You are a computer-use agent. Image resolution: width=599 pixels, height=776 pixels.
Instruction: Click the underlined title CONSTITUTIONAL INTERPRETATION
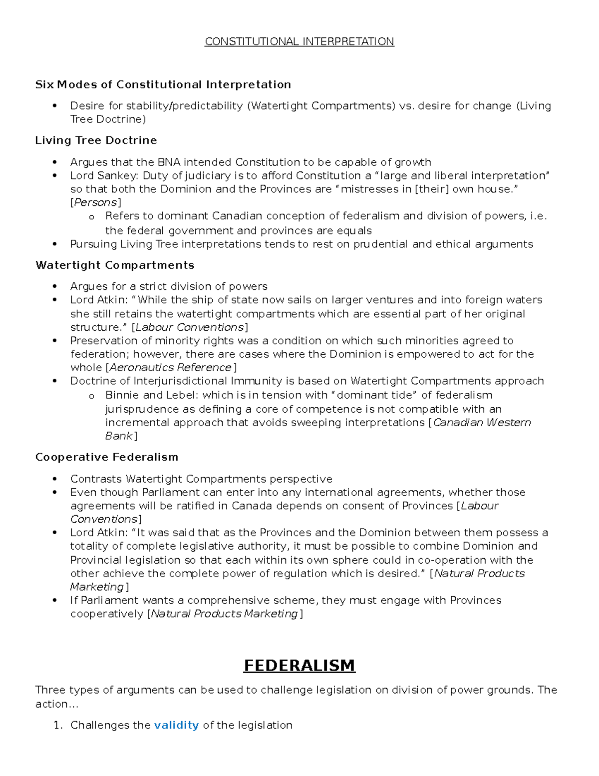tap(299, 41)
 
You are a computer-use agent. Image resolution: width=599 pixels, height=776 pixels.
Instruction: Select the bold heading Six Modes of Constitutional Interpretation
tap(163, 84)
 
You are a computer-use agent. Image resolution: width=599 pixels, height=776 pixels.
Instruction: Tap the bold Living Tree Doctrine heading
tap(96, 140)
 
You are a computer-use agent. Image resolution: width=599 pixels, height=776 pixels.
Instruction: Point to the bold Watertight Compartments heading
tap(115, 265)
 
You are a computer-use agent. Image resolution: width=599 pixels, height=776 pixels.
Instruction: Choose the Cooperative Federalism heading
tap(106, 457)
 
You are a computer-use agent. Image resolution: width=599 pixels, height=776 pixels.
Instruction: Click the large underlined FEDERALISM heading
tap(299, 666)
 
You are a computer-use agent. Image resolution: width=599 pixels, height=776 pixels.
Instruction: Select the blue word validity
tap(176, 725)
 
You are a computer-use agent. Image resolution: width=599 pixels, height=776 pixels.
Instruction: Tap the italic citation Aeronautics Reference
tap(170, 368)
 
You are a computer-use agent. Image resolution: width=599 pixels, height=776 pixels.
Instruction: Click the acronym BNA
tap(167, 162)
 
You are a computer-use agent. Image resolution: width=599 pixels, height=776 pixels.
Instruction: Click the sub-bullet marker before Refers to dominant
tap(91, 217)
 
